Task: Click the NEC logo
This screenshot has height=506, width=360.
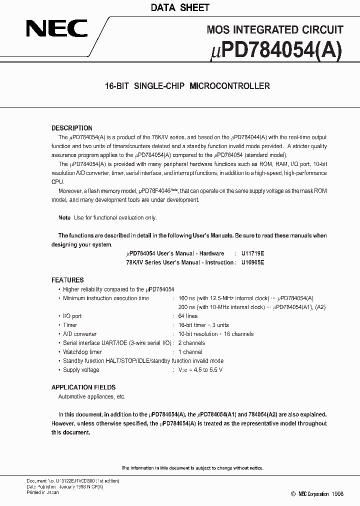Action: (56, 29)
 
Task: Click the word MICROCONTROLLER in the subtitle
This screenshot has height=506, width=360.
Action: (229, 86)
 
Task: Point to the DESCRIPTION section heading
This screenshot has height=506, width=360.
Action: (72, 128)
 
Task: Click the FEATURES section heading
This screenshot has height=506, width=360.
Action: (67, 280)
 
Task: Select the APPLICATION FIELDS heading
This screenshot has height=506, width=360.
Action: (83, 387)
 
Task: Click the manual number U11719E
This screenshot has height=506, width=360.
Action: (252, 253)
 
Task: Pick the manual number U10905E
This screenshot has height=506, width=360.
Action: (252, 262)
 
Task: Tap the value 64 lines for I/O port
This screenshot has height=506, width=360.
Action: (188, 316)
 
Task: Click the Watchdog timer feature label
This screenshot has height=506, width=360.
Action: (82, 352)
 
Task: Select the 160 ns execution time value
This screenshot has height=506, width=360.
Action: (186, 298)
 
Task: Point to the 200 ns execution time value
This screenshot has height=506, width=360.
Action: (186, 307)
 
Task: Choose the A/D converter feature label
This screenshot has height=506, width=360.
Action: (79, 334)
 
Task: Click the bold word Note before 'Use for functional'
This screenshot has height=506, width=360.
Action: (64, 218)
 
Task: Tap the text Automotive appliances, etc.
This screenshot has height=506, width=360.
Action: (92, 396)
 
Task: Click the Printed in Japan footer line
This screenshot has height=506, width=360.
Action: (42, 492)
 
